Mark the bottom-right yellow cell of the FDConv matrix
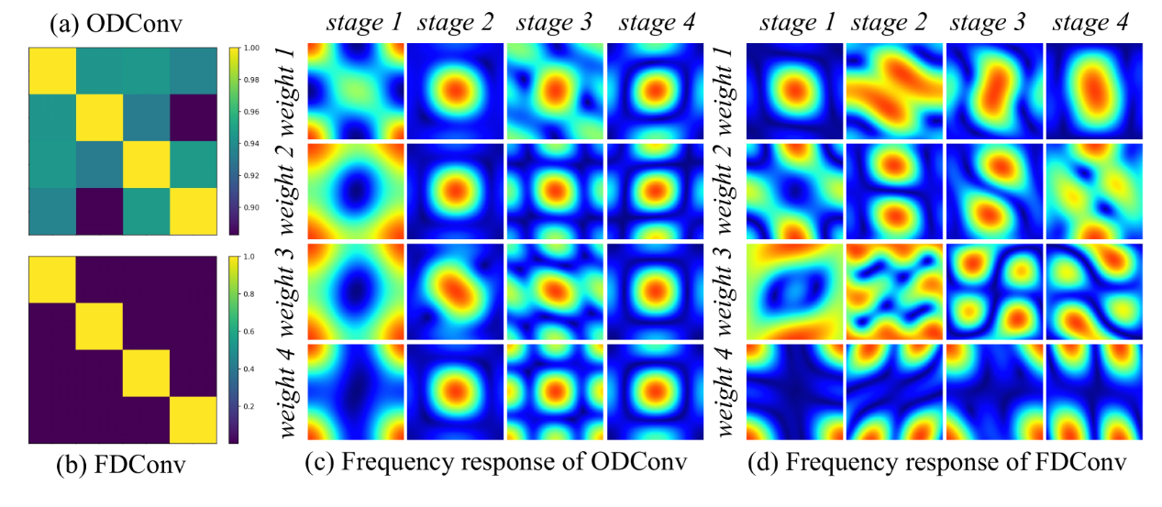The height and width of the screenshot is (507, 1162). pyautogui.click(x=192, y=420)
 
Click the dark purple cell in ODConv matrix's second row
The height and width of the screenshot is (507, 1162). pyautogui.click(x=192, y=118)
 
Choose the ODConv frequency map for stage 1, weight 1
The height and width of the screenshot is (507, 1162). pyautogui.click(x=354, y=92)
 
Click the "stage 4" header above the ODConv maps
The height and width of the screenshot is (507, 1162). pyautogui.click(x=653, y=21)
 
